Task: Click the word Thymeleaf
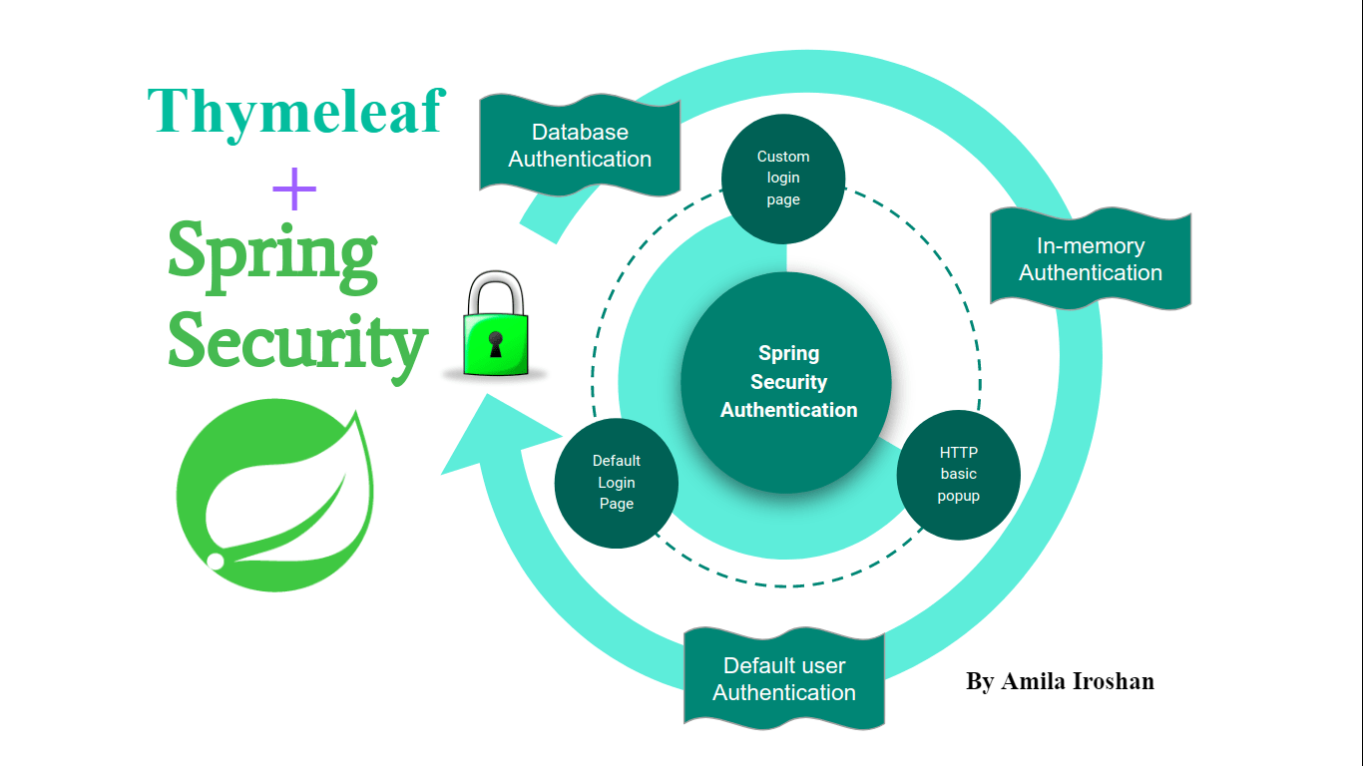[295, 112]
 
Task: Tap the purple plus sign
[294, 188]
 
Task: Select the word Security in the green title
[297, 341]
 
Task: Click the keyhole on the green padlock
[494, 344]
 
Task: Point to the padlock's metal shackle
[495, 289]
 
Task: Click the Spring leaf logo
[275, 494]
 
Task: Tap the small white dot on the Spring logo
[215, 562]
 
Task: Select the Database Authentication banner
[580, 146]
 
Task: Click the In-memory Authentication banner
[1091, 259]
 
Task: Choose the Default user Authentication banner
[784, 678]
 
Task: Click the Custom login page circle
[783, 179]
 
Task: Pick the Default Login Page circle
[617, 483]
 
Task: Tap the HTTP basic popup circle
[958, 475]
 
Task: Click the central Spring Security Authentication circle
[786, 382]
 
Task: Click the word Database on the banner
[580, 132]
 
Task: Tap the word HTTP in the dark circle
[958, 453]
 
